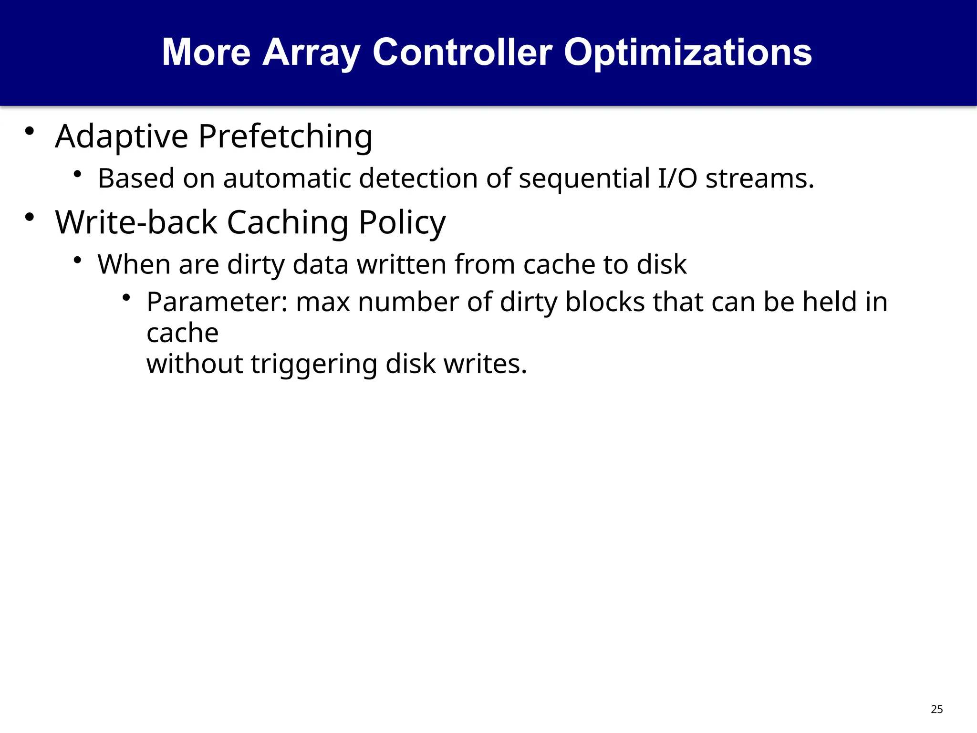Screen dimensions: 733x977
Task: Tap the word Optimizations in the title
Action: coord(687,52)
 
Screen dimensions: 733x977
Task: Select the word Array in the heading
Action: coord(311,52)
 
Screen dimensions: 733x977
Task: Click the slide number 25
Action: coord(936,709)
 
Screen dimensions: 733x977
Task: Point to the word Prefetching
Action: coord(285,137)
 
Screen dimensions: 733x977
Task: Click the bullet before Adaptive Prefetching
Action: coord(30,131)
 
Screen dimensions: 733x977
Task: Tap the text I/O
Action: coord(677,178)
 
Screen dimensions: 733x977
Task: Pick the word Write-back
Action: coord(136,222)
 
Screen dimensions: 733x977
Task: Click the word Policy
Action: coord(402,222)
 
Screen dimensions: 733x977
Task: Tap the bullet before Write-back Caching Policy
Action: coord(30,218)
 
